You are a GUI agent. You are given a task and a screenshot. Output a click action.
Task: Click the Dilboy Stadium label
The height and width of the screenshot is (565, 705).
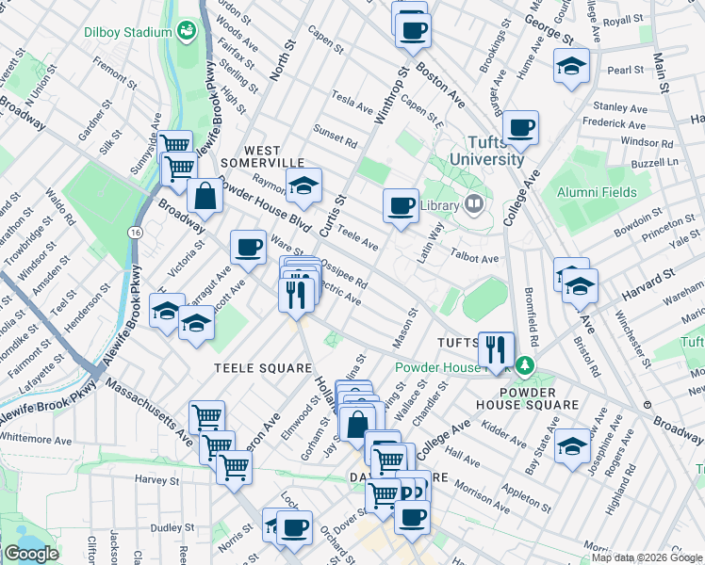[127, 32]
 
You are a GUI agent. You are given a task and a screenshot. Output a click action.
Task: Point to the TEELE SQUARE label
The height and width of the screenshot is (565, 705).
[263, 367]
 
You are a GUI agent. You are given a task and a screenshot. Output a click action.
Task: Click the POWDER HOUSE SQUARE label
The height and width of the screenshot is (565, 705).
[539, 397]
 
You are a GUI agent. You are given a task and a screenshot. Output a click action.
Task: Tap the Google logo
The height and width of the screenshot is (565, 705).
[31, 554]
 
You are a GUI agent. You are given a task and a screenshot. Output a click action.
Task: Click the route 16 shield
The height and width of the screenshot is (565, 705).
[137, 232]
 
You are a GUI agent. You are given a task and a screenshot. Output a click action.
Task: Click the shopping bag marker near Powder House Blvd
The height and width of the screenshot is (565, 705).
[205, 197]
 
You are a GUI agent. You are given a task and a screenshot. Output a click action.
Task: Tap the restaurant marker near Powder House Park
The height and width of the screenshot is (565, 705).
[496, 348]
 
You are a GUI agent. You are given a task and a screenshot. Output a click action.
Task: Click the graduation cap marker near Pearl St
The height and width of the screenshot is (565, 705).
[570, 68]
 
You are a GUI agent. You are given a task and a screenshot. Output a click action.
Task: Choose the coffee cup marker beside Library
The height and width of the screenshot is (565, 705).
[402, 204]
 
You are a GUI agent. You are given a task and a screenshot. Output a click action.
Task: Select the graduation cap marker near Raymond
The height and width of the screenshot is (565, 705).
[304, 188]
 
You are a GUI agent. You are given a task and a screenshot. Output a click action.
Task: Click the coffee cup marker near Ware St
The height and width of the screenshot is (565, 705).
[248, 247]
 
